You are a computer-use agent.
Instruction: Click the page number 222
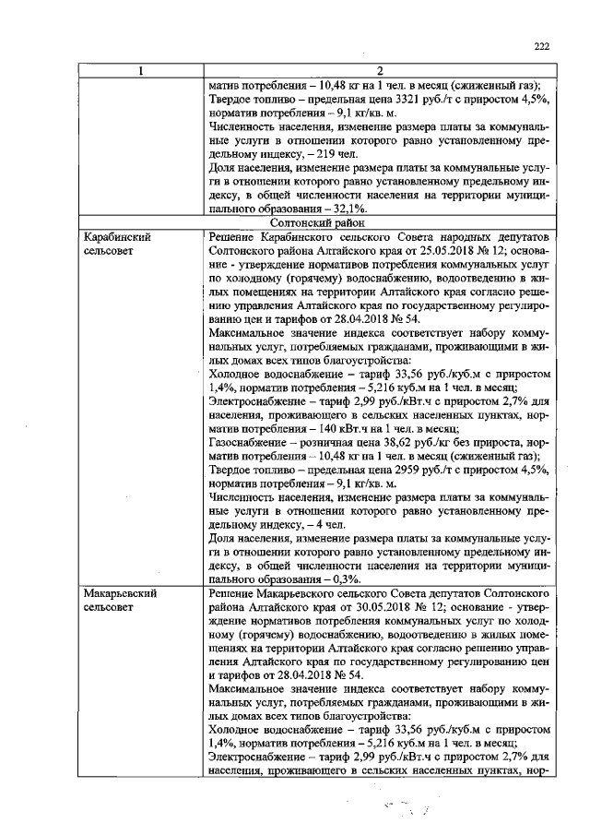(541, 48)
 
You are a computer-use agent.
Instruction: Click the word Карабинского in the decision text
(300, 237)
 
